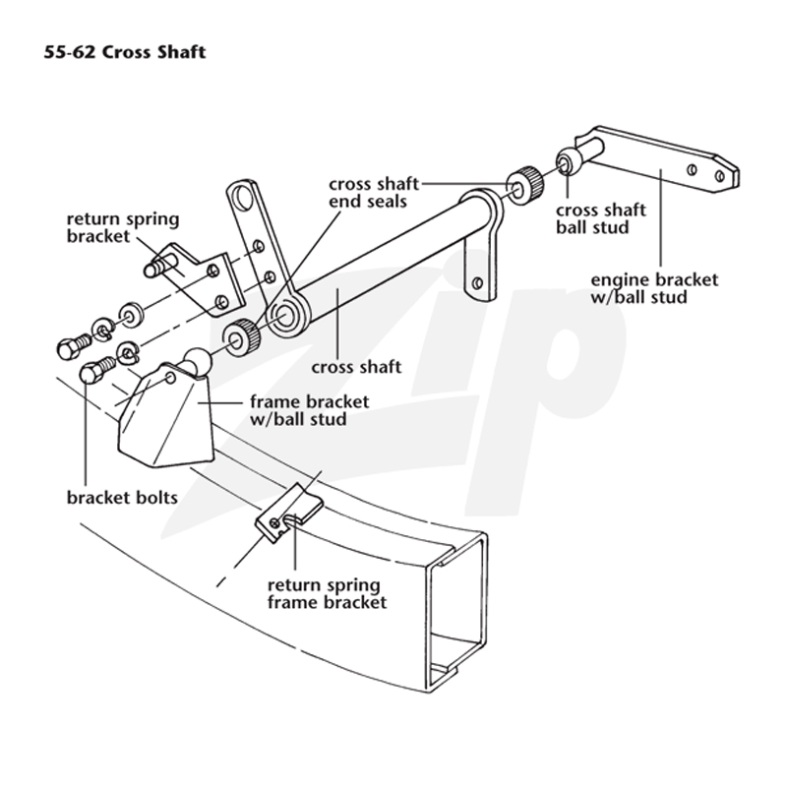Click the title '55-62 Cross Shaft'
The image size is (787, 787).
[x=125, y=52]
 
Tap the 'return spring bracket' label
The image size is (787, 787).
[x=123, y=227]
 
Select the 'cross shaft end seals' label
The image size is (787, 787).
[x=374, y=192]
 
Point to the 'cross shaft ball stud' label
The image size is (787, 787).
[x=601, y=218]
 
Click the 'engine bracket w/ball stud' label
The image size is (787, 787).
[x=654, y=288]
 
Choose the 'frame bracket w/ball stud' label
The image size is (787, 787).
[x=309, y=410]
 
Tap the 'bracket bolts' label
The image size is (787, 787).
[x=122, y=498]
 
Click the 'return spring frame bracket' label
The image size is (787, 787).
[x=328, y=593]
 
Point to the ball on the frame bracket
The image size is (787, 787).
[x=198, y=361]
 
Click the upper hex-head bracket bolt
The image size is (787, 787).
[x=74, y=346]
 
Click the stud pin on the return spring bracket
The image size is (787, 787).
[x=158, y=266]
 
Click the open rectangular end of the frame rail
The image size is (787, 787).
[x=456, y=612]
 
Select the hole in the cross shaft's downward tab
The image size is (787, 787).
[x=477, y=282]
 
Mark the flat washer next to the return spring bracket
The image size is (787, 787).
[x=131, y=315]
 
